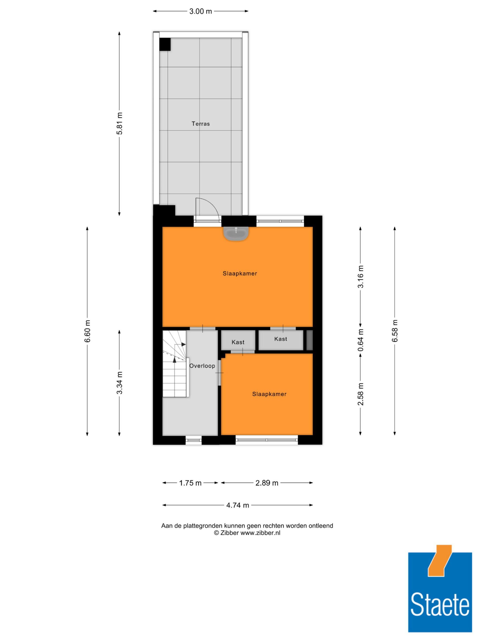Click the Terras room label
coord(201,124)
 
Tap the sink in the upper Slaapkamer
coord(236,233)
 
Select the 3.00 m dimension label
coord(201,11)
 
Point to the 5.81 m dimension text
coord(119,123)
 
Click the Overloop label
coord(202,366)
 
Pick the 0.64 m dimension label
coord(360,340)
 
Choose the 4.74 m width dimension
coord(238,505)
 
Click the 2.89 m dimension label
coord(267,483)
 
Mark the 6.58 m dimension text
coord(395,331)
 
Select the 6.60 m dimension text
coord(87,331)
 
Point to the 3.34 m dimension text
coord(119,383)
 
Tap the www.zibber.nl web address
coord(260,533)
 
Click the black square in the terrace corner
coord(165,44)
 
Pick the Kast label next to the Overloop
coord(238,342)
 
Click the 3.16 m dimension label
coord(360,277)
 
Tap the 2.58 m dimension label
coord(360,394)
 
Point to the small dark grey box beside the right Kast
coord(309,340)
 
